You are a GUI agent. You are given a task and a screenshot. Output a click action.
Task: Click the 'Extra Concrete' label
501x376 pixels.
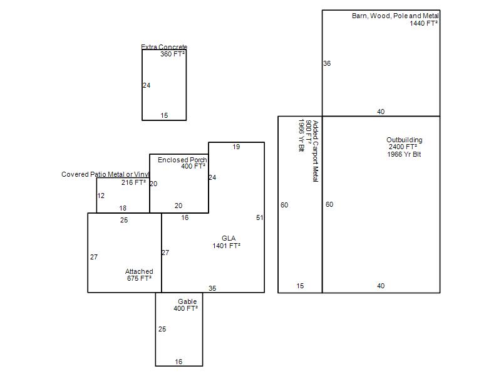164,46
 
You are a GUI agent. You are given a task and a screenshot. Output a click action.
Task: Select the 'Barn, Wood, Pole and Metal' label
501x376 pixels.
395,16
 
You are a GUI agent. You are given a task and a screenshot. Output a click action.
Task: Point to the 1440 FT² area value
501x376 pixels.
424,23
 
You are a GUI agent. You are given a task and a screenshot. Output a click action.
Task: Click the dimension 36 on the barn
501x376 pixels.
327,63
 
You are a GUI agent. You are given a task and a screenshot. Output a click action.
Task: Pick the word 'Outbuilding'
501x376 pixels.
404,140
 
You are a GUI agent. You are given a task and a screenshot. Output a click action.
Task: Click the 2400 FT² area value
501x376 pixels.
403,147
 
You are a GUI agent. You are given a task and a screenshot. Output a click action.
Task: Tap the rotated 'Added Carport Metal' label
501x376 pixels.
316,151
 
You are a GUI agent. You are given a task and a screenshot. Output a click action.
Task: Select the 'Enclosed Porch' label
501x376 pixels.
182,160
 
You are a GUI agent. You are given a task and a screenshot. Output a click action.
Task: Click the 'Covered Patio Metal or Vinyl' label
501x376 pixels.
105,174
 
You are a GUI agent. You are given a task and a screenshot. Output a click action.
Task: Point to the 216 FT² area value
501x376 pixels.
133,182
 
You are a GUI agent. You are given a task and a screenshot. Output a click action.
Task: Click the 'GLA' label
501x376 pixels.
229,238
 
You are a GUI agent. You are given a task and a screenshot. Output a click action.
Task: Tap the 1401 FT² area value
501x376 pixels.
226,246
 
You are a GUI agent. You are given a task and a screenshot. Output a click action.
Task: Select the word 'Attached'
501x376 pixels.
139,271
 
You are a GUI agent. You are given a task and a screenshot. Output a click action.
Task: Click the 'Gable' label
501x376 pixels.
187,301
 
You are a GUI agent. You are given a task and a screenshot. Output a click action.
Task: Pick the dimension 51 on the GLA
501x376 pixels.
260,217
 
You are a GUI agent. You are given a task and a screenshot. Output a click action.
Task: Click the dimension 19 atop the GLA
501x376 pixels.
236,147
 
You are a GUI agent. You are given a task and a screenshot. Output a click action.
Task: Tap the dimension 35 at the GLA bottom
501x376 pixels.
212,288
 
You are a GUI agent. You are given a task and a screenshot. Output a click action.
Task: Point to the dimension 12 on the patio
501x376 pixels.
101,196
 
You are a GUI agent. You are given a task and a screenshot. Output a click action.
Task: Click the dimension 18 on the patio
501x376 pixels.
123,208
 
